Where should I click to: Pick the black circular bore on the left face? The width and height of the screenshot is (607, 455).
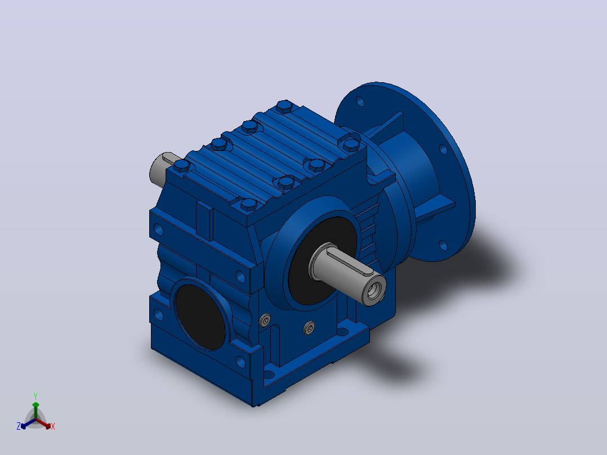click(x=200, y=317)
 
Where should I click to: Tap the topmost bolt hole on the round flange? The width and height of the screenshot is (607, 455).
click(x=360, y=101)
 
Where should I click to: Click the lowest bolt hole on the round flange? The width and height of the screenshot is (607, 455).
click(x=443, y=245)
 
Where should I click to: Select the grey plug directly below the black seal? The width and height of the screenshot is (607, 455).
click(x=309, y=327)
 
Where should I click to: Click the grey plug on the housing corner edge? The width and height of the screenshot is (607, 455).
click(x=265, y=320)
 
